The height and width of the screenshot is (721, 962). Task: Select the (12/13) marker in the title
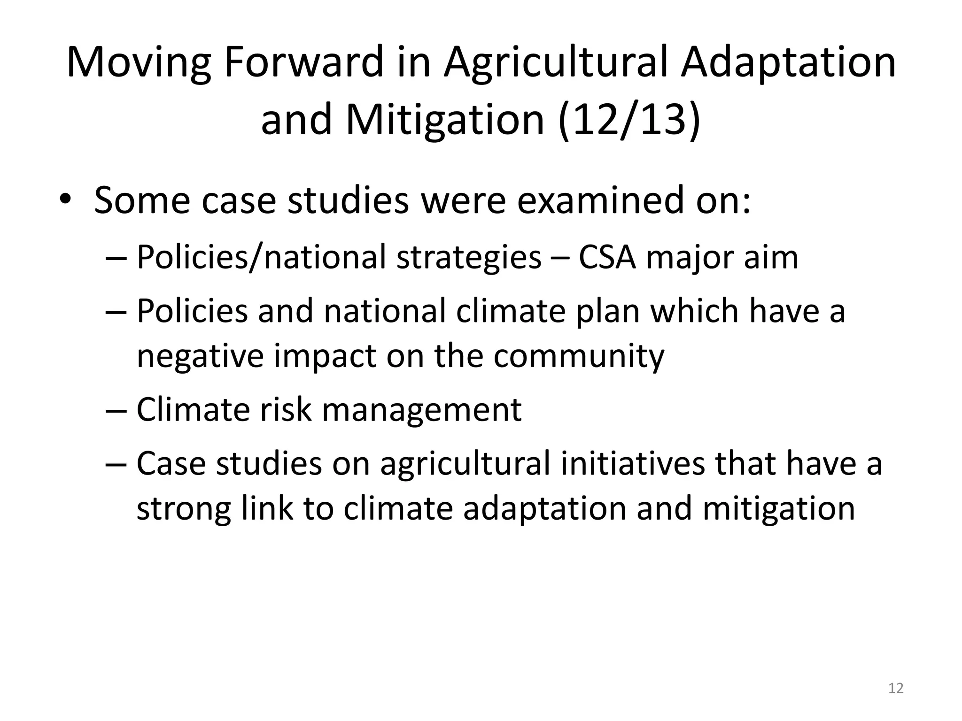(629, 120)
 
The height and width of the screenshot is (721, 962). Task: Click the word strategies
(468, 258)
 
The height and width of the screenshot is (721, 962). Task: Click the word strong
(184, 509)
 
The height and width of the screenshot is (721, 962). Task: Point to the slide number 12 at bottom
(896, 688)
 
